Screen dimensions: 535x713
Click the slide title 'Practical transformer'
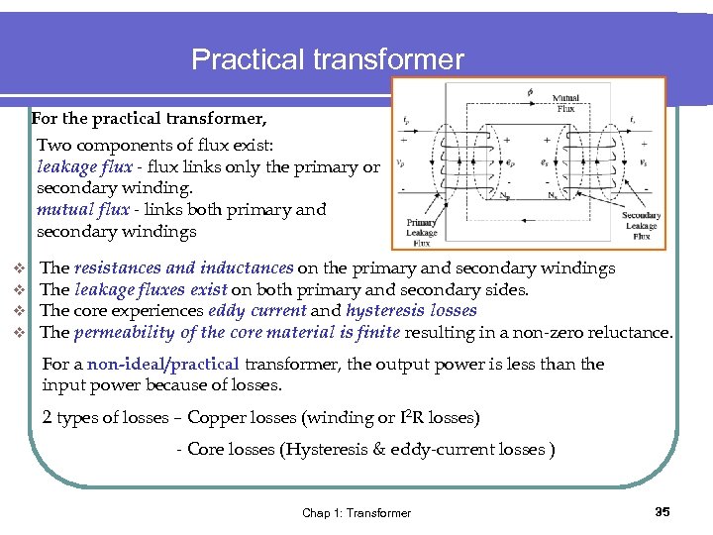[327, 59]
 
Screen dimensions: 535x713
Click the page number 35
[662, 511]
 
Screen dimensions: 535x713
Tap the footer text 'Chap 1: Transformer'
[356, 513]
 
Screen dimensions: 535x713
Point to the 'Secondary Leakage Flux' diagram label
[641, 226]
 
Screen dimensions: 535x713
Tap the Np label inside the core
[506, 196]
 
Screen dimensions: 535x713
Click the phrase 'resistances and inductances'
[183, 268]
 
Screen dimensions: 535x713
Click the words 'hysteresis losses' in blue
[411, 311]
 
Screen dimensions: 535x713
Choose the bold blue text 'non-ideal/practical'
[163, 365]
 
